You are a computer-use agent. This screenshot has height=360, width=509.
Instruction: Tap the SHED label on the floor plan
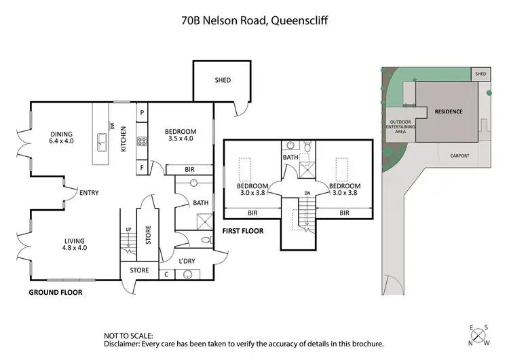[x=223, y=80]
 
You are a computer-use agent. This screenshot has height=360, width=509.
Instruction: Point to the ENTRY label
[x=89, y=193]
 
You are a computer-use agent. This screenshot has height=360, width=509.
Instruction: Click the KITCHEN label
[x=124, y=139]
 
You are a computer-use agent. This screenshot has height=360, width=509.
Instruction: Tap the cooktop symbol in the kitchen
[x=143, y=142]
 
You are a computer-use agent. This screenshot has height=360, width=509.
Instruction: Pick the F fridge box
[x=143, y=166]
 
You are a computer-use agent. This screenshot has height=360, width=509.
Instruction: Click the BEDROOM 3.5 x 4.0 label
[x=181, y=134]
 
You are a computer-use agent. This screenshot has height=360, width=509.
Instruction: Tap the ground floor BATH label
[x=200, y=202]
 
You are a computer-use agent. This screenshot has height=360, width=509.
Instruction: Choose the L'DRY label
[x=187, y=262]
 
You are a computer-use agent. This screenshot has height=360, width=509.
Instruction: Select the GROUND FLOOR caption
[x=55, y=293]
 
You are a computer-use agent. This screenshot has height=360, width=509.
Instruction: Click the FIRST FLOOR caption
[x=243, y=231]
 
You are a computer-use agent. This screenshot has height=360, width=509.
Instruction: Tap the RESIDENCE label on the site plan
[x=448, y=111]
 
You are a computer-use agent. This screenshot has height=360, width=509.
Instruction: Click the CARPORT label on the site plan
[x=459, y=156]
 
